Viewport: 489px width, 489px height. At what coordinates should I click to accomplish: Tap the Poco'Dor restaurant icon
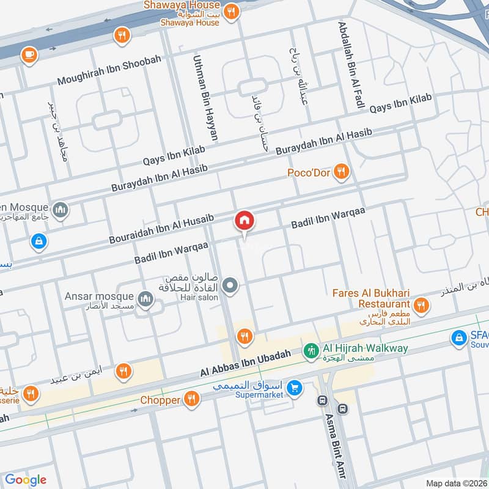pos(342,173)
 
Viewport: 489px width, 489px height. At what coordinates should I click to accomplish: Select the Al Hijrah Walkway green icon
pos(311,351)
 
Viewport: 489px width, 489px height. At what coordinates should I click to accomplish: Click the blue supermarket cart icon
pos(295,388)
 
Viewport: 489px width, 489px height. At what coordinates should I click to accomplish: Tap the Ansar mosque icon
pos(145,298)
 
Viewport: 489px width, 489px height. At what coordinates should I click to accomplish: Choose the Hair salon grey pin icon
pos(230,285)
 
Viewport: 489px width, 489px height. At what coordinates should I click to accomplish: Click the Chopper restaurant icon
pos(192,400)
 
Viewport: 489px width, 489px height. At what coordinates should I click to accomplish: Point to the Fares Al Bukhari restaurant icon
pos(421,304)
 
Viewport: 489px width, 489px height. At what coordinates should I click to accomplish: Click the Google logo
pos(26,480)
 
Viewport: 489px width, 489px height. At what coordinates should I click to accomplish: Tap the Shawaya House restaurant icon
pos(231,10)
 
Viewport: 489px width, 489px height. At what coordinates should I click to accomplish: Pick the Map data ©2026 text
pos(456,483)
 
